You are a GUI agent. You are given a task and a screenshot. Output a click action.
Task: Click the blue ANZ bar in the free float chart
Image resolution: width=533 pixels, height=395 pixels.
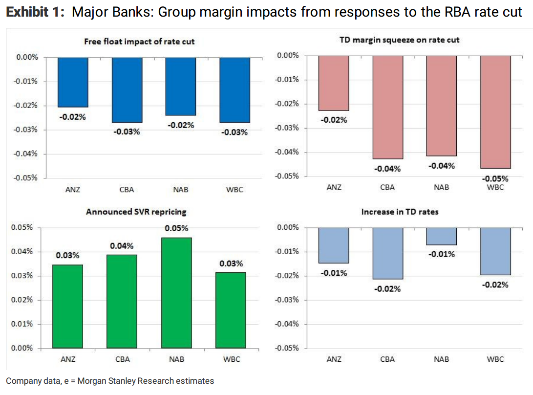pyautogui.click(x=73, y=82)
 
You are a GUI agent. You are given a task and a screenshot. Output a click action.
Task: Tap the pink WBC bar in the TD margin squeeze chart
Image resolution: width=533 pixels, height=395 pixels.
pyautogui.click(x=495, y=111)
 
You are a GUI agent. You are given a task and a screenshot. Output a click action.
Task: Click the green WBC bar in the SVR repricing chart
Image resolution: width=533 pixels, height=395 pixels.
pyautogui.click(x=231, y=310)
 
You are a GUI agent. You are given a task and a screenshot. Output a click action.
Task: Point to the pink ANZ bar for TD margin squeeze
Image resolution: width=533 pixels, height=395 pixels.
pyautogui.click(x=334, y=83)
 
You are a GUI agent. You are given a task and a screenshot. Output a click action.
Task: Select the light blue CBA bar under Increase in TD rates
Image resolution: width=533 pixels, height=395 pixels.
pyautogui.click(x=388, y=253)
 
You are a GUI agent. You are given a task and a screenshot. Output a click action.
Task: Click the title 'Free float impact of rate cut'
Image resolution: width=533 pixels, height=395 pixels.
pyautogui.click(x=139, y=42)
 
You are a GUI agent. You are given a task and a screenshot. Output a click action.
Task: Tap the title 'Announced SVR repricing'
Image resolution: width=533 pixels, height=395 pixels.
pyautogui.click(x=136, y=212)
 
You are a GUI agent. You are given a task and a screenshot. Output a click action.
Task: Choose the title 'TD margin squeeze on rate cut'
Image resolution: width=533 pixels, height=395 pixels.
pyautogui.click(x=399, y=40)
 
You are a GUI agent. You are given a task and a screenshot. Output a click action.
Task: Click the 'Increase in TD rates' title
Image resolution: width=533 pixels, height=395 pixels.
pyautogui.click(x=399, y=212)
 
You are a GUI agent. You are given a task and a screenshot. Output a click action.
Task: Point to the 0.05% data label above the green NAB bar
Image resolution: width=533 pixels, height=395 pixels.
pyautogui.click(x=176, y=228)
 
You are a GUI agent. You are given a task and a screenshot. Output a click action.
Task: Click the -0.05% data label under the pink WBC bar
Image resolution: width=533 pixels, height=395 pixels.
pyautogui.click(x=495, y=178)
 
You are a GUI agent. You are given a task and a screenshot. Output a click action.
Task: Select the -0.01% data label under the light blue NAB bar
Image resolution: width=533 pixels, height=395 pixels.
pyautogui.click(x=442, y=254)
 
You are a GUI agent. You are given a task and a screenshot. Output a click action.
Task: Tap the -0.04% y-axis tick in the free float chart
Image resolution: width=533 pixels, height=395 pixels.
pyautogui.click(x=27, y=154)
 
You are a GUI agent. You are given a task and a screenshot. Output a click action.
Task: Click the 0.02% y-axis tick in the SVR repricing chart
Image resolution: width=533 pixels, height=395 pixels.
pyautogui.click(x=22, y=300)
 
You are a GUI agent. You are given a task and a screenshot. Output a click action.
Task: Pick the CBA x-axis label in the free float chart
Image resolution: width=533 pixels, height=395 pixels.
pyautogui.click(x=127, y=190)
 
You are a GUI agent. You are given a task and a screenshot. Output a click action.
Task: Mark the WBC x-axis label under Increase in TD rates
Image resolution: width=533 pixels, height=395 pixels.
pyautogui.click(x=495, y=359)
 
